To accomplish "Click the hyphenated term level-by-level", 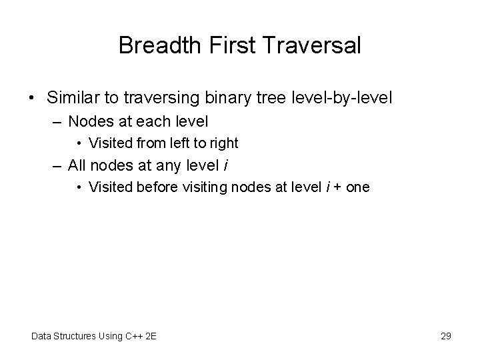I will [341, 98].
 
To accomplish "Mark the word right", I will [224, 143].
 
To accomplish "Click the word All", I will [79, 165].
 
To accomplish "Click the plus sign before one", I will [338, 187].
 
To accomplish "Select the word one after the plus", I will [357, 187].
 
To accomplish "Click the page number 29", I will [446, 336].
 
